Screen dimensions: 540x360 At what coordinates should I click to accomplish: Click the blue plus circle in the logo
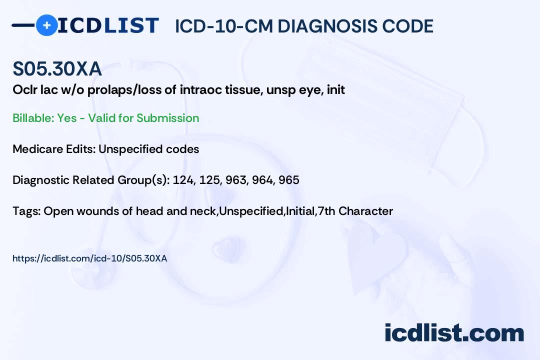pos(46,25)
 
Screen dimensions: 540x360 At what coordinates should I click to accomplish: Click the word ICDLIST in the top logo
pos(108,25)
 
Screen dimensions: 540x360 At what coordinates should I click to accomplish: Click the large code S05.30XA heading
pos(57,68)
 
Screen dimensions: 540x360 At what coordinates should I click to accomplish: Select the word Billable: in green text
pos(33,118)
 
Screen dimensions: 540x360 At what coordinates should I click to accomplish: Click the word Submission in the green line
pos(167,118)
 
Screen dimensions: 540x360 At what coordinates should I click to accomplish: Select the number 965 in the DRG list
pos(289,180)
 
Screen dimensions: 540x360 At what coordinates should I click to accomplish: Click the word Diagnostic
pos(41,180)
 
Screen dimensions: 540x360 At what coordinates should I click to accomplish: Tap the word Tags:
pos(26,211)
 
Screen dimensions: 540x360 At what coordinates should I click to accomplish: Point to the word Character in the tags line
pos(365,211)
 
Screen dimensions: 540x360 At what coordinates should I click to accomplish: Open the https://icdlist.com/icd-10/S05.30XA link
pos(90,258)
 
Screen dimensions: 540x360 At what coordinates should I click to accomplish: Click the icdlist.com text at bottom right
pos(454,333)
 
